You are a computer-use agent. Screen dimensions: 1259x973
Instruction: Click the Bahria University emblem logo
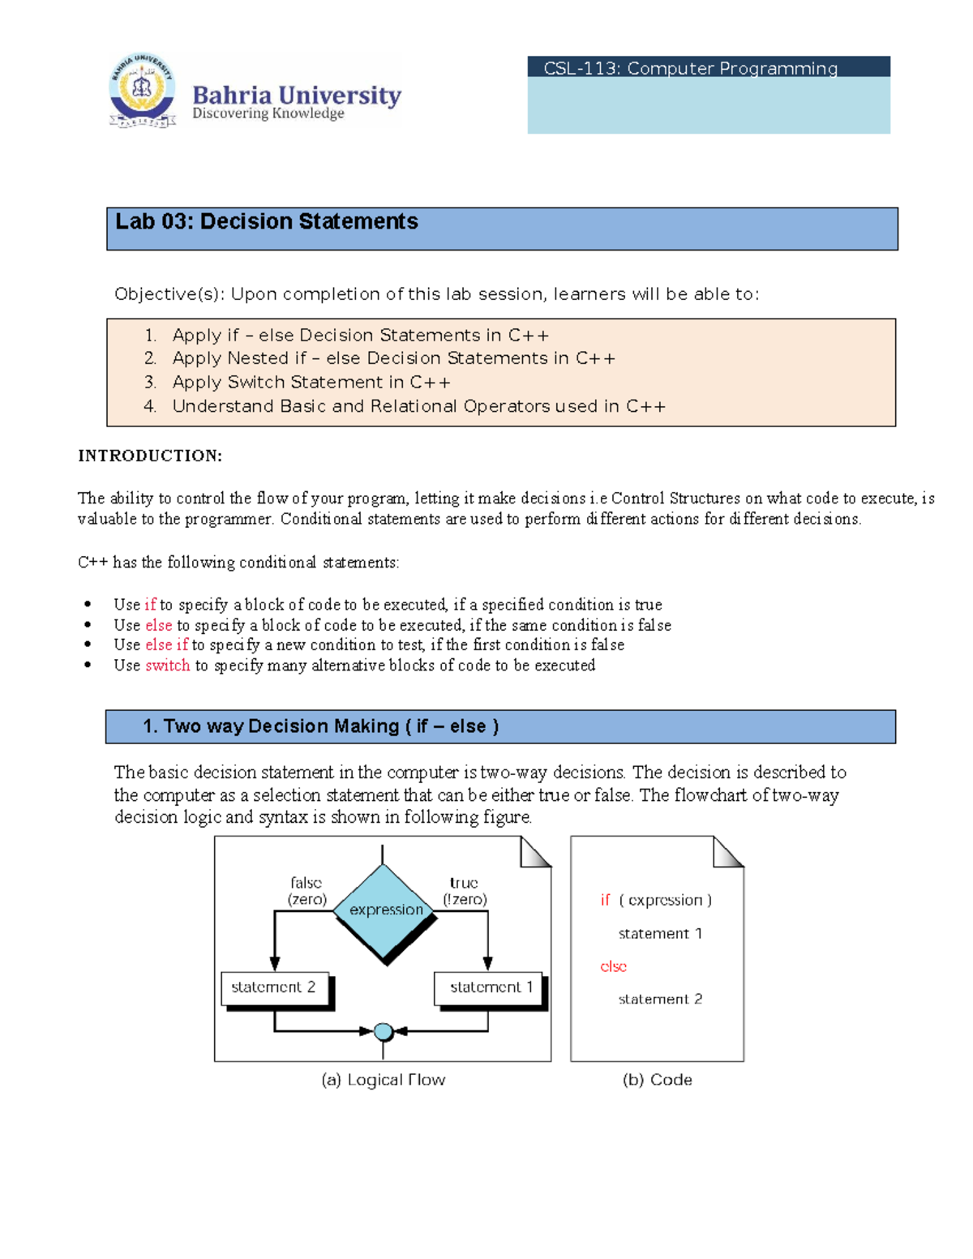tap(143, 91)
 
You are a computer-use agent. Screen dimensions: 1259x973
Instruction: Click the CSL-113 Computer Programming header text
tap(690, 68)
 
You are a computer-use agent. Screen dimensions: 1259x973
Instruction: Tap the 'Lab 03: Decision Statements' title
tap(267, 221)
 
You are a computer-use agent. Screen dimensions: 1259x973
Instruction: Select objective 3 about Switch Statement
tap(311, 382)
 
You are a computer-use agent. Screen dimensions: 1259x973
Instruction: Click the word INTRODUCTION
tap(149, 456)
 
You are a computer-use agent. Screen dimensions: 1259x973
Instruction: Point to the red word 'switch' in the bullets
tap(167, 666)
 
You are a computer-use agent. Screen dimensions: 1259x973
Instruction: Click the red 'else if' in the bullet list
tap(166, 644)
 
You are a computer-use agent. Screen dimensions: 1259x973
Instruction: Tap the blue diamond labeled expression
tap(385, 910)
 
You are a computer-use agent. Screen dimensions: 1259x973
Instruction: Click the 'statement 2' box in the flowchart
tap(274, 987)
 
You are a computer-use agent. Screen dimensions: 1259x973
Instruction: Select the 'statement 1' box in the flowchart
tap(490, 987)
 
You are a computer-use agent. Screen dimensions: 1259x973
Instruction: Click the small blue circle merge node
tap(384, 1032)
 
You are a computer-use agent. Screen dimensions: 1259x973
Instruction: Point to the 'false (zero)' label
tap(306, 891)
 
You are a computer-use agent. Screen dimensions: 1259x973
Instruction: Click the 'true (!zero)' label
tap(465, 891)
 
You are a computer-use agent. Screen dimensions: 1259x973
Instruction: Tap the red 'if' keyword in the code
tap(605, 900)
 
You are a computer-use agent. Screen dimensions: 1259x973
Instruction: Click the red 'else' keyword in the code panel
tap(613, 966)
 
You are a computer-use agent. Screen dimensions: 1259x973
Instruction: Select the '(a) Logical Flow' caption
tap(383, 1080)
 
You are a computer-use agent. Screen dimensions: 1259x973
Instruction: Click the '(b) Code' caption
tap(657, 1080)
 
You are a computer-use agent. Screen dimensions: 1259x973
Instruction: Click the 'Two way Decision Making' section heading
tap(320, 726)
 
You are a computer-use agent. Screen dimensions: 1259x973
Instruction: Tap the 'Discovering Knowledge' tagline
tap(268, 113)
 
